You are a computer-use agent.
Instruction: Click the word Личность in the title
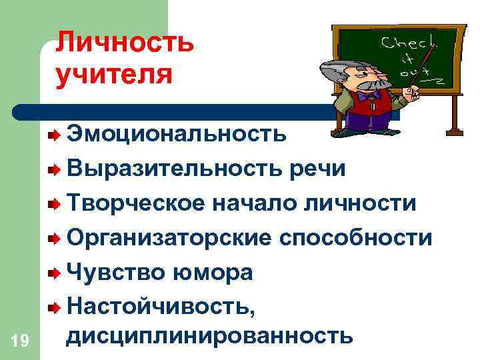point(125,43)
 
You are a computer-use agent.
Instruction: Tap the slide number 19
point(19,341)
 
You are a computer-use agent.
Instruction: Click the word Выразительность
point(175,169)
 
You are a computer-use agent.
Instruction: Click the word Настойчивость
point(161,307)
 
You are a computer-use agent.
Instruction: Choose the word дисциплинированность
point(209,335)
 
